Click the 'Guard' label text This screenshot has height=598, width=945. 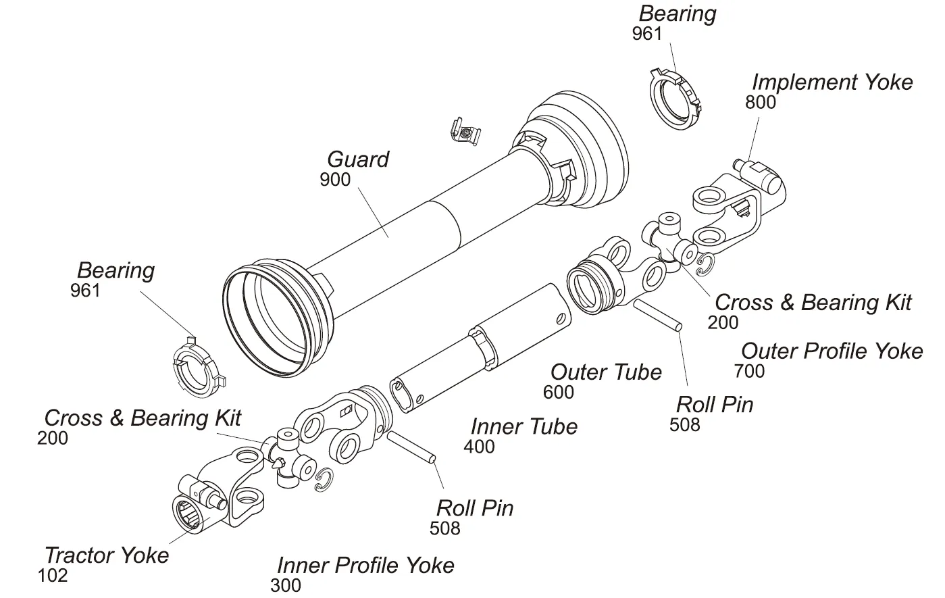tap(358, 159)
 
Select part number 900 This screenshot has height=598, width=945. tap(335, 180)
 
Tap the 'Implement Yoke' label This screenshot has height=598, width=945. tap(832, 82)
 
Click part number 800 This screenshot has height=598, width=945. tap(760, 103)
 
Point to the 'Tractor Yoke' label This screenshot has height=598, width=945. tap(107, 555)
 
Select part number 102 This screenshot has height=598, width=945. tap(53, 576)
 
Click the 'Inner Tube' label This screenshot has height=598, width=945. tap(523, 427)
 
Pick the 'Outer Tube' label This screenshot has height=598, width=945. tap(606, 372)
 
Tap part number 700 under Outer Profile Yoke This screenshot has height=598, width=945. tap(749, 372)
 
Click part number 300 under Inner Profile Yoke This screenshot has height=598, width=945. tap(285, 585)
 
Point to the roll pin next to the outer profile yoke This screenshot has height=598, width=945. tap(657, 316)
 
